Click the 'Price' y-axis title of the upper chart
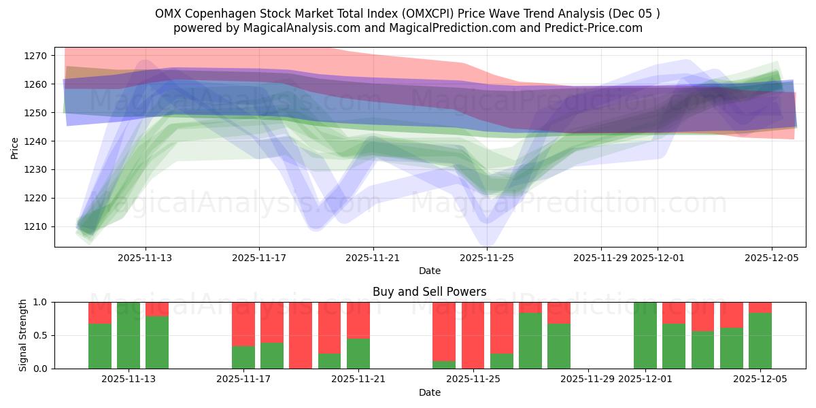click(15, 147)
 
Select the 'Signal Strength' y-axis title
click(23, 335)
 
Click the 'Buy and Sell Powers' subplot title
click(429, 292)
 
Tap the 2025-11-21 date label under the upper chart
click(373, 258)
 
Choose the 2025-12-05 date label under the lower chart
click(760, 379)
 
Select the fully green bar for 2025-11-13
click(129, 335)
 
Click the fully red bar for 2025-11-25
click(473, 335)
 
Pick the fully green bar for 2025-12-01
click(645, 335)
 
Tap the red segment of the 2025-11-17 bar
click(243, 324)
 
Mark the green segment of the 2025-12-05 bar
click(760, 341)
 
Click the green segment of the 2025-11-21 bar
click(358, 354)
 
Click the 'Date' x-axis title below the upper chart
click(429, 271)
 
